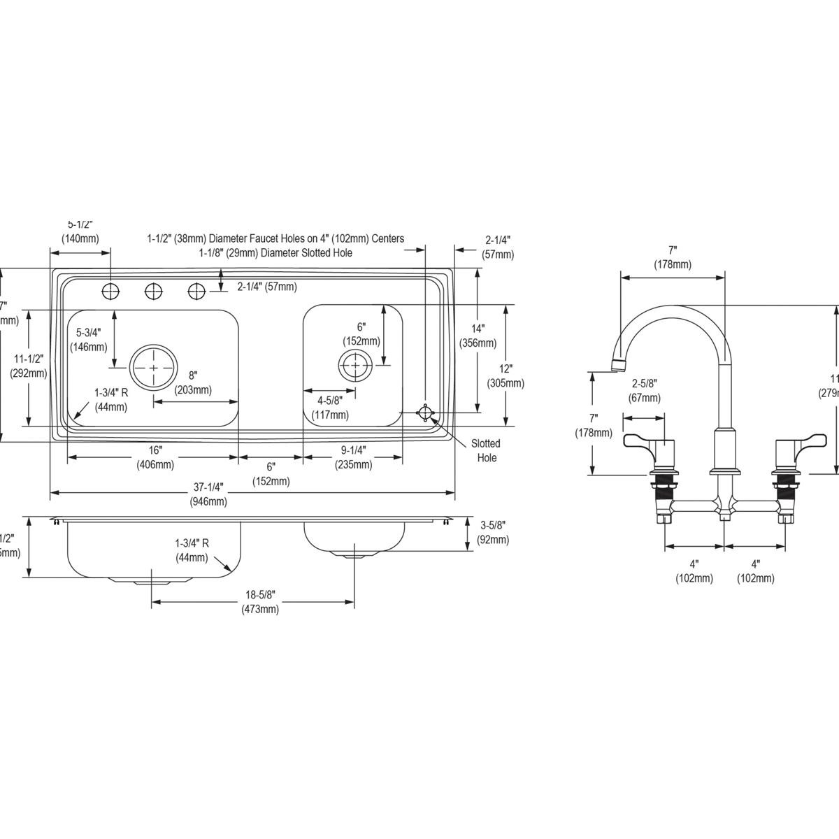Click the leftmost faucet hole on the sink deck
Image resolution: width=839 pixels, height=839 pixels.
point(110,291)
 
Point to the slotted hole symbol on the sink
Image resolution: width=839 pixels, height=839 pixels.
point(424,413)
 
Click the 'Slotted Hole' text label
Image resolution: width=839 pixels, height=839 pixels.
point(485,450)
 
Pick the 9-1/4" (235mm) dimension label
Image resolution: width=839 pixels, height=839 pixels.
point(352,458)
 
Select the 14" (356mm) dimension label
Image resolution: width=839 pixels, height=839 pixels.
point(478,336)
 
